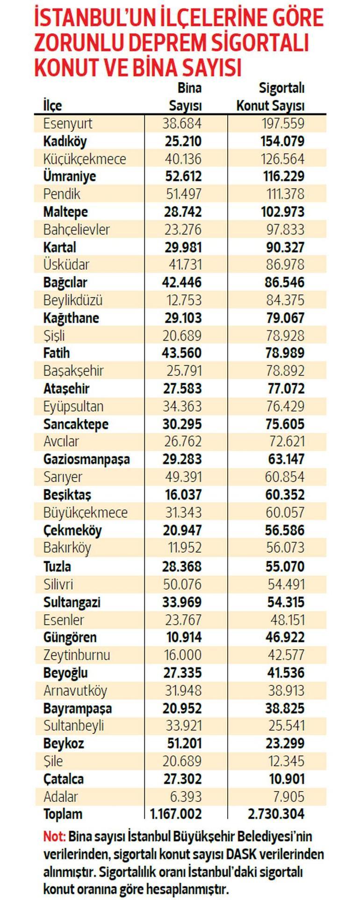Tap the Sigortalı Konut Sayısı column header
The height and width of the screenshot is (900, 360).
coord(271,97)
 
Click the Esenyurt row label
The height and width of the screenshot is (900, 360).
coord(68,123)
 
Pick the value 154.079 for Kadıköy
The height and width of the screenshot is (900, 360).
coord(282,141)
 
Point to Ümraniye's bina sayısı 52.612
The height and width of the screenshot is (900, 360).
coord(183,176)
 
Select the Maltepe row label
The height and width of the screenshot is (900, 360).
coord(65,212)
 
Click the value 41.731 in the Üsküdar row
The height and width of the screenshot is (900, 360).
coord(185,265)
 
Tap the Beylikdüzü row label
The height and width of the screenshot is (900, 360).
coord(73,300)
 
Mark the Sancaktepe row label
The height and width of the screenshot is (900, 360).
coord(76,424)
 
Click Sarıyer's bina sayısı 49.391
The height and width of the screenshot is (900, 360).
coord(182,477)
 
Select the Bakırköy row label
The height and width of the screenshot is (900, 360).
coord(67,547)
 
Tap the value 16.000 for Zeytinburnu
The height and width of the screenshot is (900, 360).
coord(182,655)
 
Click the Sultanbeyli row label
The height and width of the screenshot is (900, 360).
coord(74,726)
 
